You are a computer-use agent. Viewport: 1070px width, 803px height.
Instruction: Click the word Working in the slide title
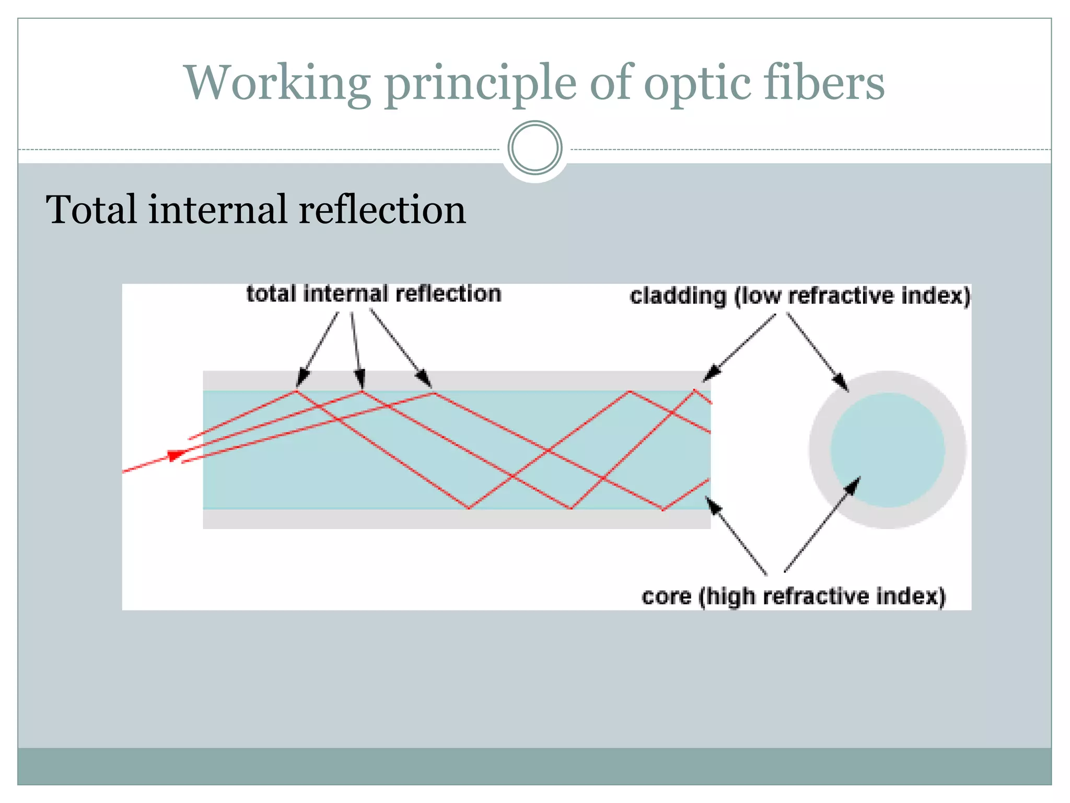click(x=277, y=84)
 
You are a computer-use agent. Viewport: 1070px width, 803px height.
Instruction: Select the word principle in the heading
click(x=481, y=84)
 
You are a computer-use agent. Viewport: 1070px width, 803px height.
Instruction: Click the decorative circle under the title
click(x=534, y=148)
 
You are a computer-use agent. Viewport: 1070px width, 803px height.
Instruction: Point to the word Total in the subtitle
click(x=93, y=210)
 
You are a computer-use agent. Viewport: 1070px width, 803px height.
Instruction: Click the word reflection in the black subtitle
click(x=382, y=210)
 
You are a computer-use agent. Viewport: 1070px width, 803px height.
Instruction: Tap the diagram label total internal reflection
click(x=374, y=294)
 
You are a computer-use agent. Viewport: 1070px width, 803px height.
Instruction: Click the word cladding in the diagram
click(x=678, y=296)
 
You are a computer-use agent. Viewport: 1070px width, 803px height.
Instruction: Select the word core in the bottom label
click(x=666, y=596)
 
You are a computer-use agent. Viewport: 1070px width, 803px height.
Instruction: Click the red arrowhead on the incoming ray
click(x=176, y=455)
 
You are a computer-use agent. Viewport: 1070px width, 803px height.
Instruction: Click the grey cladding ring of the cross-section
click(x=820, y=450)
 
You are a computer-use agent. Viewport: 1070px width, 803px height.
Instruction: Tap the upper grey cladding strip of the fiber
click(x=522, y=380)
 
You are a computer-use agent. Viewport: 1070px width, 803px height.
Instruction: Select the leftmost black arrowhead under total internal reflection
click(x=302, y=378)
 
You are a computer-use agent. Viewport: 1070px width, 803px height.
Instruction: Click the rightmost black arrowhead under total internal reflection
click(x=424, y=378)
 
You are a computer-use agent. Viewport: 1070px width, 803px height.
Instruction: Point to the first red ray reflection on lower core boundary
click(x=469, y=508)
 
